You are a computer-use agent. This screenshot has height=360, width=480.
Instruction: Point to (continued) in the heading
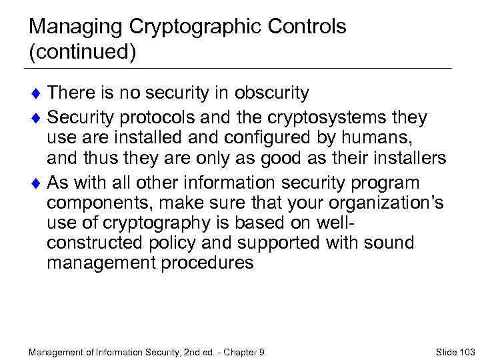click(83, 53)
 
